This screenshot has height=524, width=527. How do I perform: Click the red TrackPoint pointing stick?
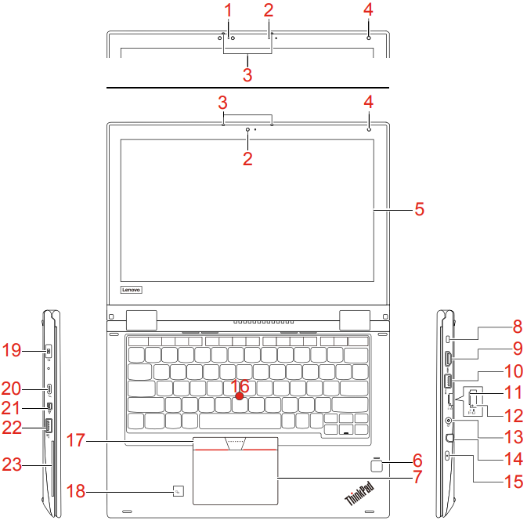240,396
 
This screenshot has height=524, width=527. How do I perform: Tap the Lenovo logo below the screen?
131,290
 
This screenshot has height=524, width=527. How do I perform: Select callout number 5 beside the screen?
419,209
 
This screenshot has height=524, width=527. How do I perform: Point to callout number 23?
12,464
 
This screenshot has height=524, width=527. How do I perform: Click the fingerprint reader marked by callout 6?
377,465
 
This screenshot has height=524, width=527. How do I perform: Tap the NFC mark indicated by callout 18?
178,491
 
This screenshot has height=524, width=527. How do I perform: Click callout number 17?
76,440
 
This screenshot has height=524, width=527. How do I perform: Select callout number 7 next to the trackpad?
417,477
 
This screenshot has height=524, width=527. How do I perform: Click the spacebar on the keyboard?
240,421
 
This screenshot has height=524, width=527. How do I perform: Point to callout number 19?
12,350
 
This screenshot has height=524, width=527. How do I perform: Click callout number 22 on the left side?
12,428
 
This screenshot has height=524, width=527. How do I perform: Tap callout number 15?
514,482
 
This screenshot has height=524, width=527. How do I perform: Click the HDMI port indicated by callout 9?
449,359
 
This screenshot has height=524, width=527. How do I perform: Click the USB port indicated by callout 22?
48,426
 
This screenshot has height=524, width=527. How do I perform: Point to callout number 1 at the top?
228,10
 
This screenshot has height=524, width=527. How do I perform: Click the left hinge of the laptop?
142,320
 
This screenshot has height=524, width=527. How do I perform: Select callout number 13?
514,437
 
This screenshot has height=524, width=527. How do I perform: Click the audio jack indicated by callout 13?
448,421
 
